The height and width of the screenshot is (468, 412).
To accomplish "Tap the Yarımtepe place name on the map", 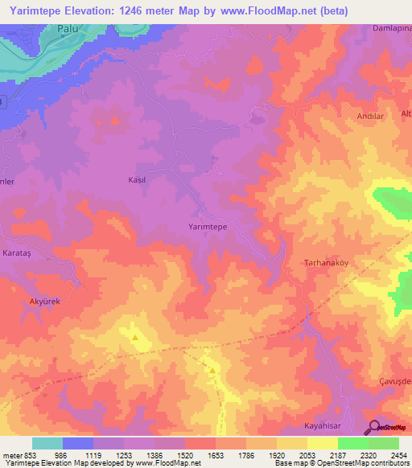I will [x=207, y=228].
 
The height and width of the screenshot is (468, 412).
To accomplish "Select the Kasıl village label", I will [x=137, y=180].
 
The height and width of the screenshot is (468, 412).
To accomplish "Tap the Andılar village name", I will [x=371, y=116].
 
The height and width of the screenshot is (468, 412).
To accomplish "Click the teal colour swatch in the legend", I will [x=47, y=443].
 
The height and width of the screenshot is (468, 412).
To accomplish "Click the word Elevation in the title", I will [x=98, y=10].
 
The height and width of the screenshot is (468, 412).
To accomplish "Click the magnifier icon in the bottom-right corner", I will [x=374, y=427].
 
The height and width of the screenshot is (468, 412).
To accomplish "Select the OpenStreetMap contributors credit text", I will [x=357, y=463].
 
